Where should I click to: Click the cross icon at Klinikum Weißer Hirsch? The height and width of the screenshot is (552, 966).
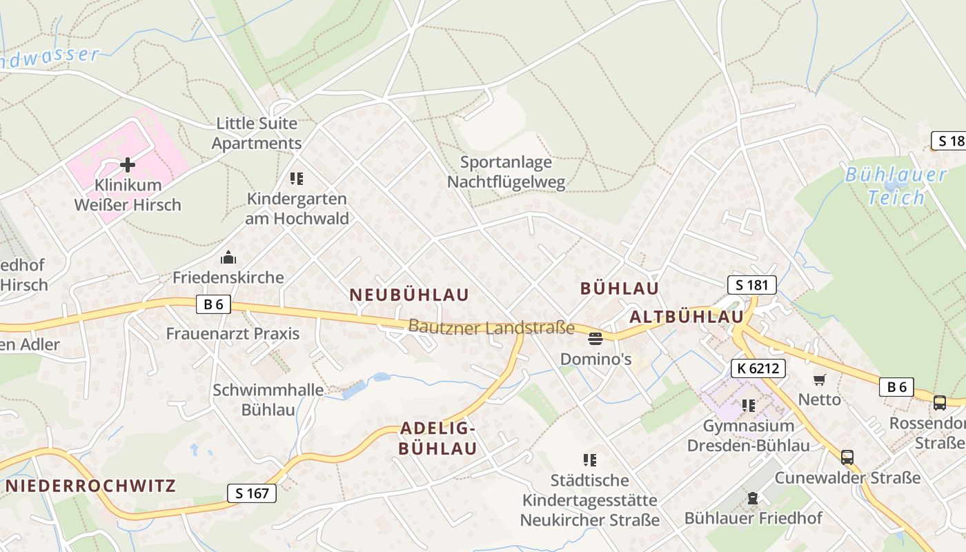tap(128, 165)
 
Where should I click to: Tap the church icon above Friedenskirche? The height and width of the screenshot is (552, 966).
tap(228, 258)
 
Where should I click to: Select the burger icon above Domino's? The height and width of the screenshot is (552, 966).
tap(595, 338)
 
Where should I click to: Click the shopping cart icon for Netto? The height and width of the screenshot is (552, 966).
tap(819, 379)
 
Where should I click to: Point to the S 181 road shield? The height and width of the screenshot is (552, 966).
tap(751, 285)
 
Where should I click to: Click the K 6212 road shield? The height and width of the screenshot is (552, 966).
tap(758, 368)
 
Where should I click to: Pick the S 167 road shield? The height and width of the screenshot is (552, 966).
tap(252, 493)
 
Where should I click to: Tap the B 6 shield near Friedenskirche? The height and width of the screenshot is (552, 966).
tap(213, 304)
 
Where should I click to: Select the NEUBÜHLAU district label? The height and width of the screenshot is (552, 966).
tap(409, 295)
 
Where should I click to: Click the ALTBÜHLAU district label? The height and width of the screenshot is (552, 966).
tap(687, 317)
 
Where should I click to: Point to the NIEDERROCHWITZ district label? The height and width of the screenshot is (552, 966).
tap(91, 486)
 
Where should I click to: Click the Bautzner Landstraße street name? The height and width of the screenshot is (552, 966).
tap(491, 327)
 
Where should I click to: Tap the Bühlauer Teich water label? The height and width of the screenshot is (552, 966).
tap(896, 186)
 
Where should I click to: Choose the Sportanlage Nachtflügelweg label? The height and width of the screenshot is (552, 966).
tap(506, 172)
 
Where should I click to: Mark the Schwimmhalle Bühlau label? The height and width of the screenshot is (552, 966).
tap(268, 400)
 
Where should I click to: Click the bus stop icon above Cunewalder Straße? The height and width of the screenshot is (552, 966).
tap(847, 457)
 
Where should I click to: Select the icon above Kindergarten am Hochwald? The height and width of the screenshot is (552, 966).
tap(297, 179)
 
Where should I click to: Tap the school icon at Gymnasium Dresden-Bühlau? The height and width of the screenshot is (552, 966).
tap(749, 406)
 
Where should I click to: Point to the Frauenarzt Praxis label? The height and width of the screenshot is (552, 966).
tap(233, 334)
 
